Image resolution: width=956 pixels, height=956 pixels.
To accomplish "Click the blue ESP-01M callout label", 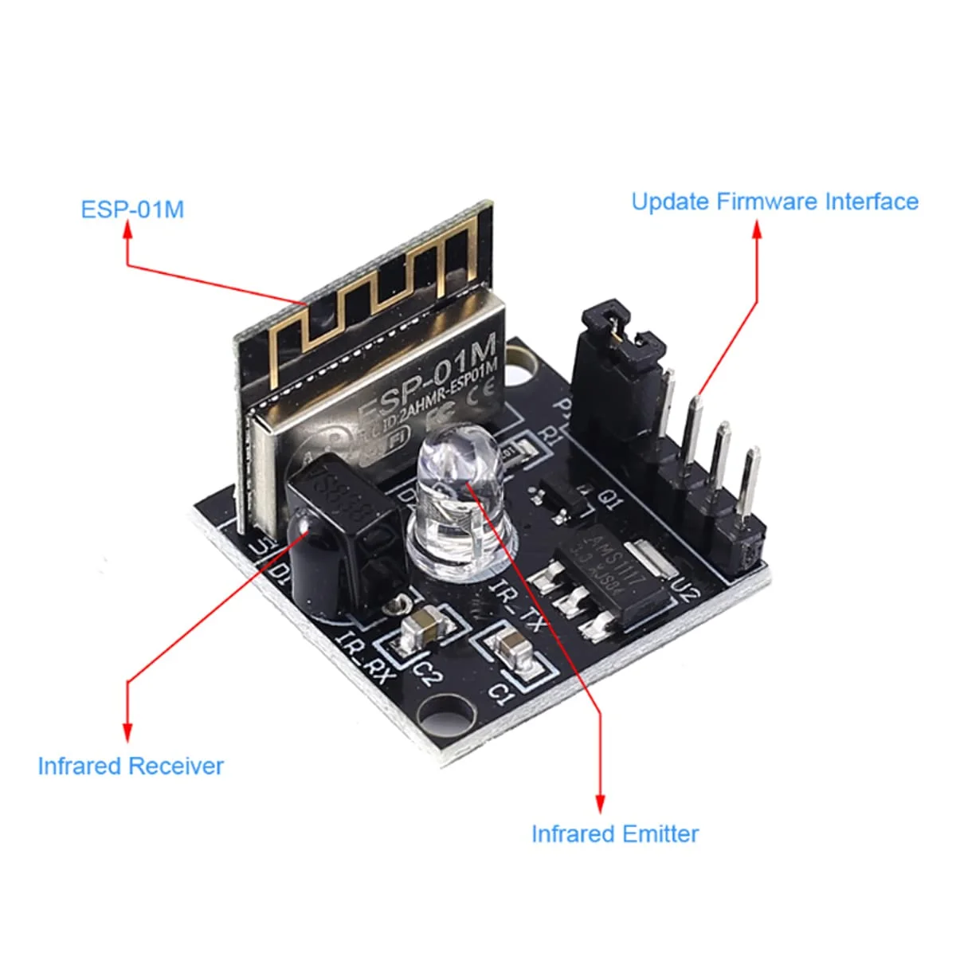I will [x=132, y=209].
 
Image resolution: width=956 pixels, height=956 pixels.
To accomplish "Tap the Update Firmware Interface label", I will [x=774, y=201].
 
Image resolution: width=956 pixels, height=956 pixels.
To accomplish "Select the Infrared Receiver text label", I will [x=131, y=766].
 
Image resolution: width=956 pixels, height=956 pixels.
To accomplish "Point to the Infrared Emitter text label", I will [x=614, y=833].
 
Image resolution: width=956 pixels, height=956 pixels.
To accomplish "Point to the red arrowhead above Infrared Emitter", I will [x=600, y=801].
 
